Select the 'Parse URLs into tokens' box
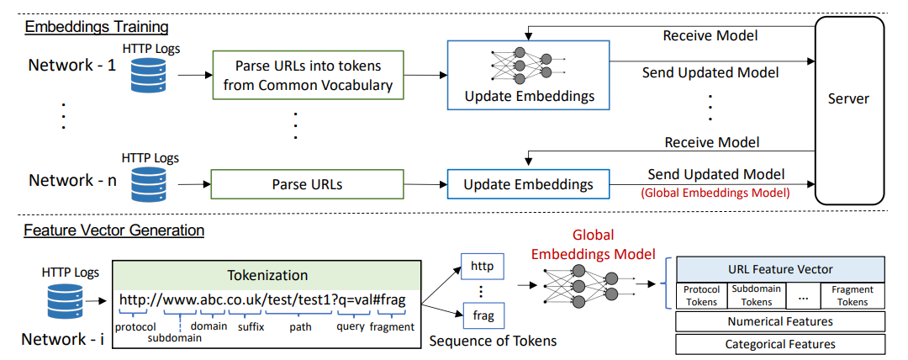click(x=308, y=76)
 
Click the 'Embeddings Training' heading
click(x=96, y=27)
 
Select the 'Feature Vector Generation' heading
click(x=113, y=230)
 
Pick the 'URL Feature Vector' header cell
click(x=780, y=269)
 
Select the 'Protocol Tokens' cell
click(x=701, y=295)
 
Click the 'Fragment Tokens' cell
click(x=853, y=295)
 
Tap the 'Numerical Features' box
click(x=780, y=321)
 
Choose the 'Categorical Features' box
click(x=780, y=344)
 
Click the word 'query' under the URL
click(x=351, y=326)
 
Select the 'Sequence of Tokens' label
click(x=493, y=341)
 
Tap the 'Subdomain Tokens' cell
click(x=757, y=295)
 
